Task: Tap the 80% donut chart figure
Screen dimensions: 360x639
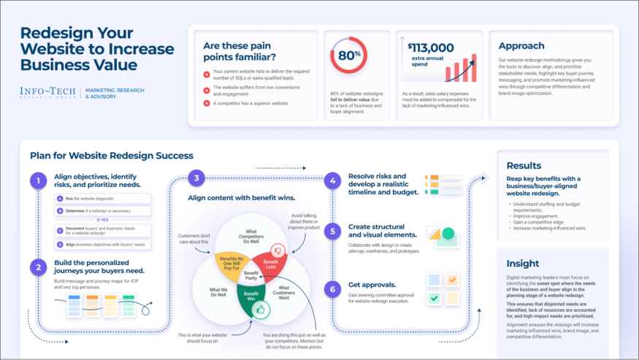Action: pyautogui.click(x=348, y=55)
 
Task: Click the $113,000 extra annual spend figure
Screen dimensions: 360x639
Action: pyautogui.click(x=431, y=52)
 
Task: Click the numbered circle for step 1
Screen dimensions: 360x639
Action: pyautogui.click(x=37, y=180)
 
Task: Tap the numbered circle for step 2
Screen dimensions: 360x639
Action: pyautogui.click(x=37, y=267)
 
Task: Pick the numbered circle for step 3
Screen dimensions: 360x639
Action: pyautogui.click(x=195, y=178)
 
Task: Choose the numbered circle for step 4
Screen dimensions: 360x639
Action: pyautogui.click(x=332, y=180)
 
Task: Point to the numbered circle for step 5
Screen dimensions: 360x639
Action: pyautogui.click(x=332, y=231)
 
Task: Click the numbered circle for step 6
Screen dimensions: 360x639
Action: pyautogui.click(x=332, y=289)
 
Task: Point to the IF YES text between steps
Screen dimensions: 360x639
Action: pyautogui.click(x=103, y=219)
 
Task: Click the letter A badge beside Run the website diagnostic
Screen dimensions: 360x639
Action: pyautogui.click(x=60, y=199)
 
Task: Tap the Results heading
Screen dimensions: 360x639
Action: pyautogui.click(x=524, y=166)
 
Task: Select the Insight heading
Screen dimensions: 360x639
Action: pyautogui.click(x=523, y=263)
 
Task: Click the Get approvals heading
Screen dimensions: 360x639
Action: pyautogui.click(x=372, y=285)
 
